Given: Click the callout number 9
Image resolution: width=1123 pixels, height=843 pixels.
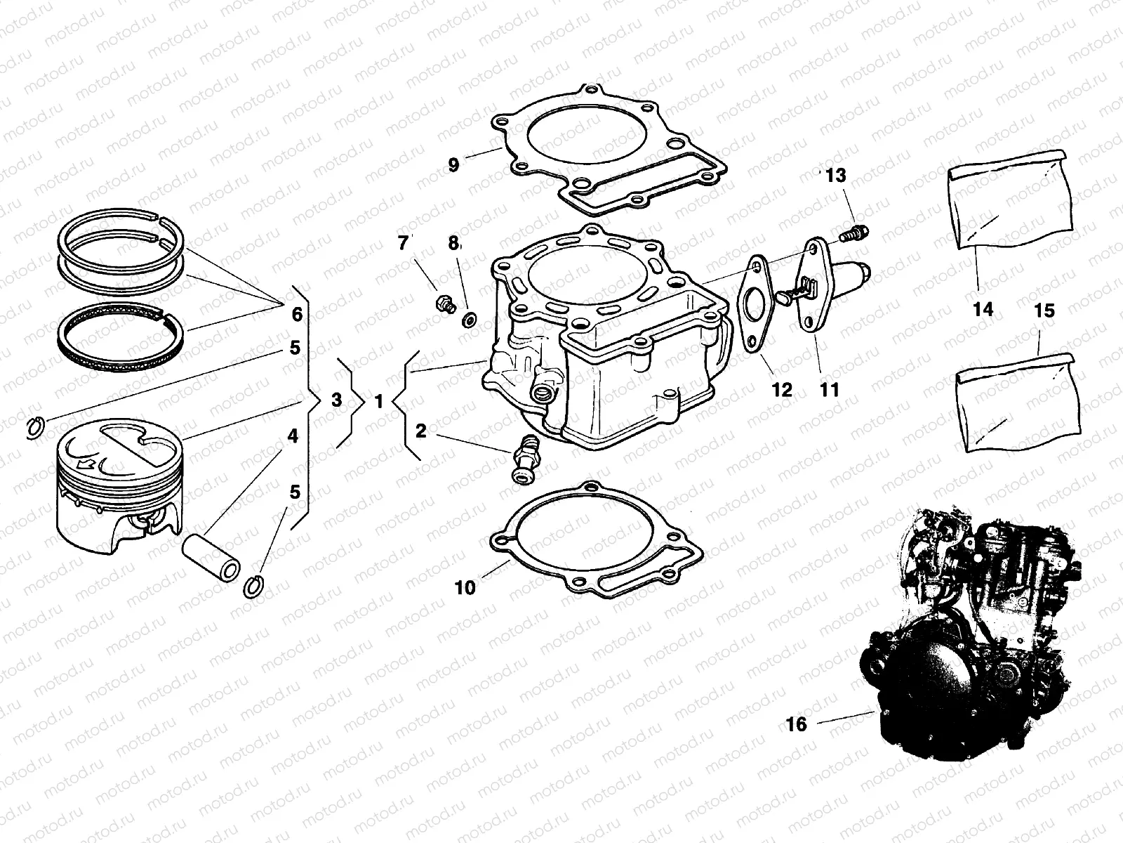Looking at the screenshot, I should [453, 165].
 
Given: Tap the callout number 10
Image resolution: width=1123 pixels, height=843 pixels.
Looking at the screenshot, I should [465, 587].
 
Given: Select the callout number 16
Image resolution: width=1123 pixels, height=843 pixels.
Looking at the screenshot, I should [797, 724].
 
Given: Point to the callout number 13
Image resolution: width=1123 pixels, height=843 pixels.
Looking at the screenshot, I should [836, 176].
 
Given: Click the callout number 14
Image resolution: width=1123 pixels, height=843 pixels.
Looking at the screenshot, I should [983, 308].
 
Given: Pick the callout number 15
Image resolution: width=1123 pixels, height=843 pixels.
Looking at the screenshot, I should [1044, 310].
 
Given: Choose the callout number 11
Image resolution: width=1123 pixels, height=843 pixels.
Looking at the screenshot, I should [830, 389].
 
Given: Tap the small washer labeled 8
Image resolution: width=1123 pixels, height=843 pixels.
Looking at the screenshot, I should [467, 320].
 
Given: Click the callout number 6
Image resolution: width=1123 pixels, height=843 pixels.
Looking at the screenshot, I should [297, 314].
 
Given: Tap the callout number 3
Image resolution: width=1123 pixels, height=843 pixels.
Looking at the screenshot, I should [336, 400].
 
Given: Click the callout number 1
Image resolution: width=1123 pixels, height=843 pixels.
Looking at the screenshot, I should [378, 402].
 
